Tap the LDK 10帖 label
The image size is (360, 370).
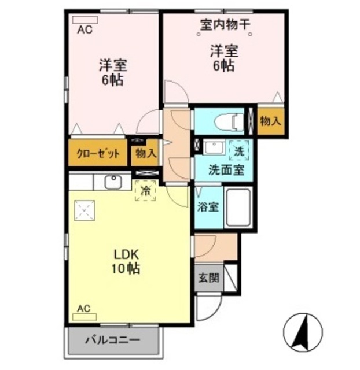pyautogui.click(x=127, y=261)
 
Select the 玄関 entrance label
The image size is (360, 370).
pyautogui.click(x=209, y=277)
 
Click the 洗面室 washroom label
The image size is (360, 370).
pyautogui.click(x=222, y=171)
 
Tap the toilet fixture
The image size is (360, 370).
pyautogui.click(x=230, y=122)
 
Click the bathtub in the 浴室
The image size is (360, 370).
pyautogui.click(x=237, y=207)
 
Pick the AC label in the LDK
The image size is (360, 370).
pyautogui.click(x=84, y=309)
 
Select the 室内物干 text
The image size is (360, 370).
pyautogui.click(x=225, y=25)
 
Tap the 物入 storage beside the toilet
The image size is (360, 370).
pyautogui.click(x=270, y=122)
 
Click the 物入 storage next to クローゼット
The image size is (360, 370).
pyautogui.click(x=146, y=154)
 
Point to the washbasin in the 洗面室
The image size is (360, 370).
pyautogui.click(x=213, y=147)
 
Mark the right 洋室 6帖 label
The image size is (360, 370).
pyautogui.click(x=223, y=58)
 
